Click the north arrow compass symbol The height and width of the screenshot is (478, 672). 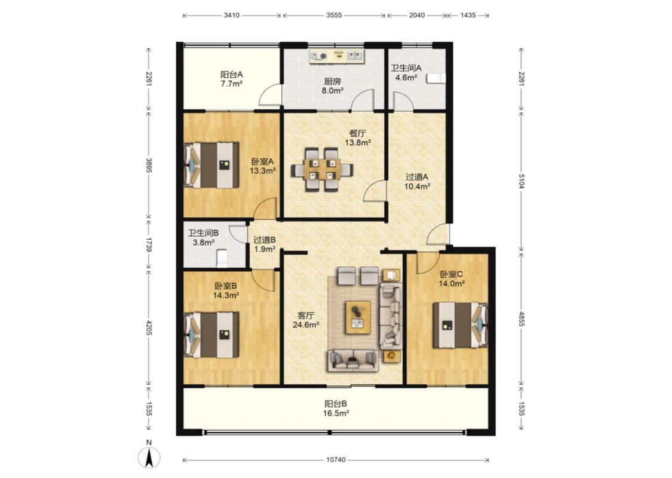coord(149,458)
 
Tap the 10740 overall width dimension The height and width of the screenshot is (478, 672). coord(336,460)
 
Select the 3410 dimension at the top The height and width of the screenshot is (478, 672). coord(231,16)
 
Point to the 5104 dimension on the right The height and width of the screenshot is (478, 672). coord(521,181)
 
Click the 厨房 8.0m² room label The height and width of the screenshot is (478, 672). coord(333,85)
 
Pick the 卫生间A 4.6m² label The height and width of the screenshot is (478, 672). coord(406,72)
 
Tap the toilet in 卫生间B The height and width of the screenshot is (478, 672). coord(222,259)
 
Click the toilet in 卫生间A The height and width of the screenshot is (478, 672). coord(437,78)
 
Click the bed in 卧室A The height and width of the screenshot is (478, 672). coord(211,165)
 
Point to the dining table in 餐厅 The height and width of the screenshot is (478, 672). coord(323,169)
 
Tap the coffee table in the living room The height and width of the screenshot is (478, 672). coord(358,317)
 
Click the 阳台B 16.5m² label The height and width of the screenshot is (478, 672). coord(336,408)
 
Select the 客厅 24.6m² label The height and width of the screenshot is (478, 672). coord(306,320)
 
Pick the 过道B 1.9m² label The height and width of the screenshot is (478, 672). coord(265,244)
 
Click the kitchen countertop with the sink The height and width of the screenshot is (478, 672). coord(337,56)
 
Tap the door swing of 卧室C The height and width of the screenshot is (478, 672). coord(428,263)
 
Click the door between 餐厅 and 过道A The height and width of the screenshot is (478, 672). coord(375,191)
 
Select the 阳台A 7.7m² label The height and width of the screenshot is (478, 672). coord(232,79)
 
